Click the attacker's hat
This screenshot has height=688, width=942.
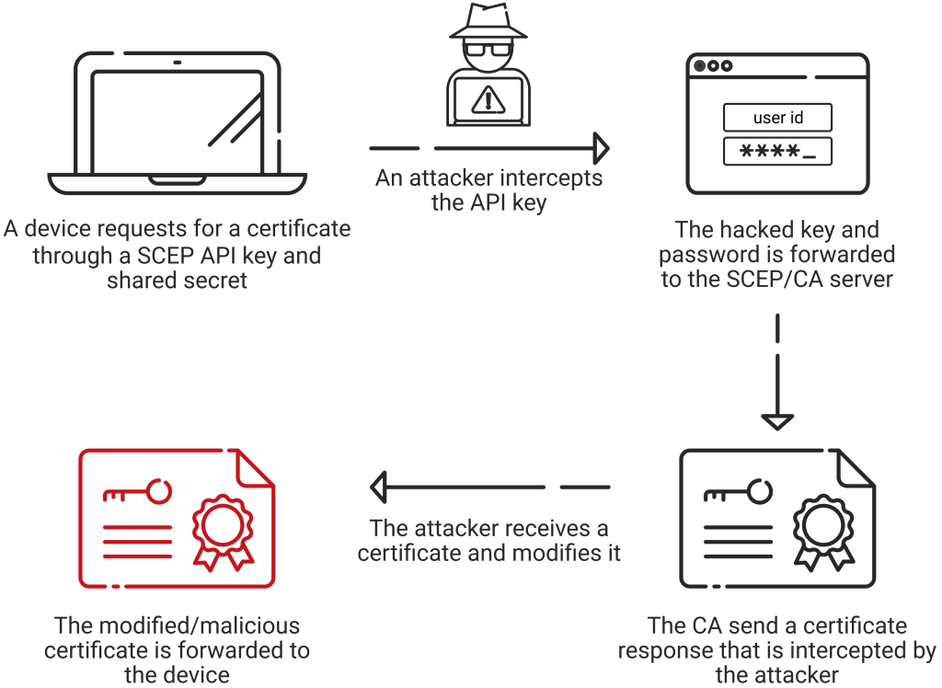click(x=488, y=23)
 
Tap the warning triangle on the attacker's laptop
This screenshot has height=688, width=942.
click(x=488, y=99)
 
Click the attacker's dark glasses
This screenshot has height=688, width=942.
click(x=488, y=50)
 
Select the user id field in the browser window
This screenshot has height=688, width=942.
click(x=778, y=117)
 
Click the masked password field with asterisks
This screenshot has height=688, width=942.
click(x=778, y=151)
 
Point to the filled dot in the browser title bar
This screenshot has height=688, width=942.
click(x=699, y=65)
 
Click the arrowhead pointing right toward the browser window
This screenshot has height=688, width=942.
click(x=602, y=148)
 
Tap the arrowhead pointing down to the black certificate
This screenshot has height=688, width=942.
click(x=777, y=422)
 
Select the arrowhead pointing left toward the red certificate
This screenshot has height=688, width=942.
click(x=378, y=487)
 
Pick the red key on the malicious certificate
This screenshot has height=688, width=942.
click(x=138, y=492)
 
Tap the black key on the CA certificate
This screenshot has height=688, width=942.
click(x=739, y=492)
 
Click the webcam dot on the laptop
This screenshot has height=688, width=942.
click(x=178, y=63)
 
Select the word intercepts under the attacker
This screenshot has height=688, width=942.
click(x=551, y=178)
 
